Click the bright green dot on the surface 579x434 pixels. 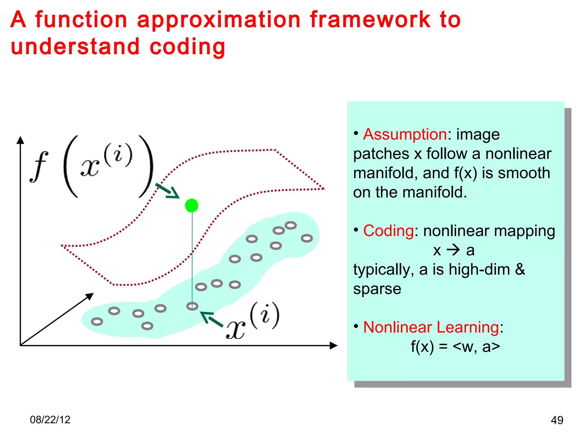coord(192,205)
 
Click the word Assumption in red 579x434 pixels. coord(405,134)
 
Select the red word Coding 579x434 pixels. coord(388,231)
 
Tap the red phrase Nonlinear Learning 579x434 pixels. coord(431,327)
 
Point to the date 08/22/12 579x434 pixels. coord(50,420)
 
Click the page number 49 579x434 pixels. coord(557,420)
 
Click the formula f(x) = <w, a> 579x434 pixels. coord(455,347)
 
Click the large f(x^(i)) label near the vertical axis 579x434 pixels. coord(92,167)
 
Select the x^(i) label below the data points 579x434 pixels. coord(252,321)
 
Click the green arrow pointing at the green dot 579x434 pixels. coord(168,191)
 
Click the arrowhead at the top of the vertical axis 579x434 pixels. coord(20,140)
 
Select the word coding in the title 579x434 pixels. coord(187,47)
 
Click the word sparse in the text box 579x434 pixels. coord(377,289)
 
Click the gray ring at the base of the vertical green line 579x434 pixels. coord(192,306)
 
